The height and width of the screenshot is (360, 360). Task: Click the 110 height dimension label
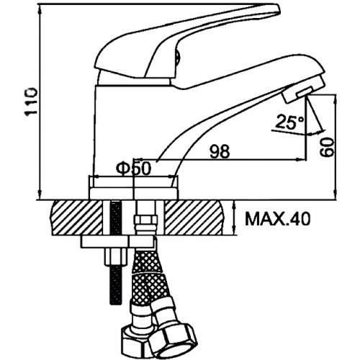pos(32,102)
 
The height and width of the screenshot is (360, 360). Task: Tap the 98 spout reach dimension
pos(220,152)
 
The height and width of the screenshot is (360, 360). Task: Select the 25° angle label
pos(290,122)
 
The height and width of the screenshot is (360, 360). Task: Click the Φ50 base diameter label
pos(133,168)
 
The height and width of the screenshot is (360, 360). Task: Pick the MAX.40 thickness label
pos(277,218)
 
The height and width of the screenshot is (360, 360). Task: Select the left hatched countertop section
pos(77,217)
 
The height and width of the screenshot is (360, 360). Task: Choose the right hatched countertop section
pos(194,217)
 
